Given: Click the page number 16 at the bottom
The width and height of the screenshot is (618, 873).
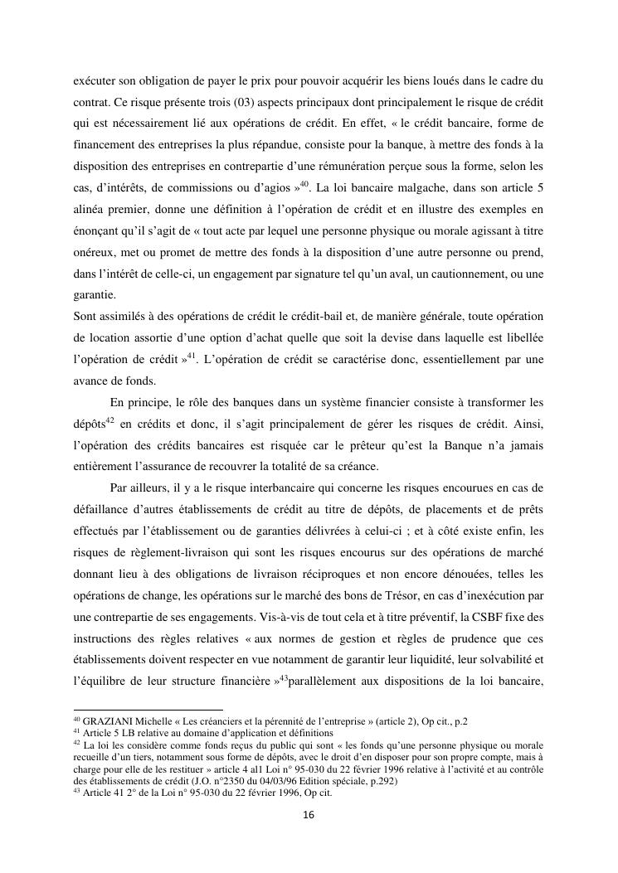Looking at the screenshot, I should (308, 815).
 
